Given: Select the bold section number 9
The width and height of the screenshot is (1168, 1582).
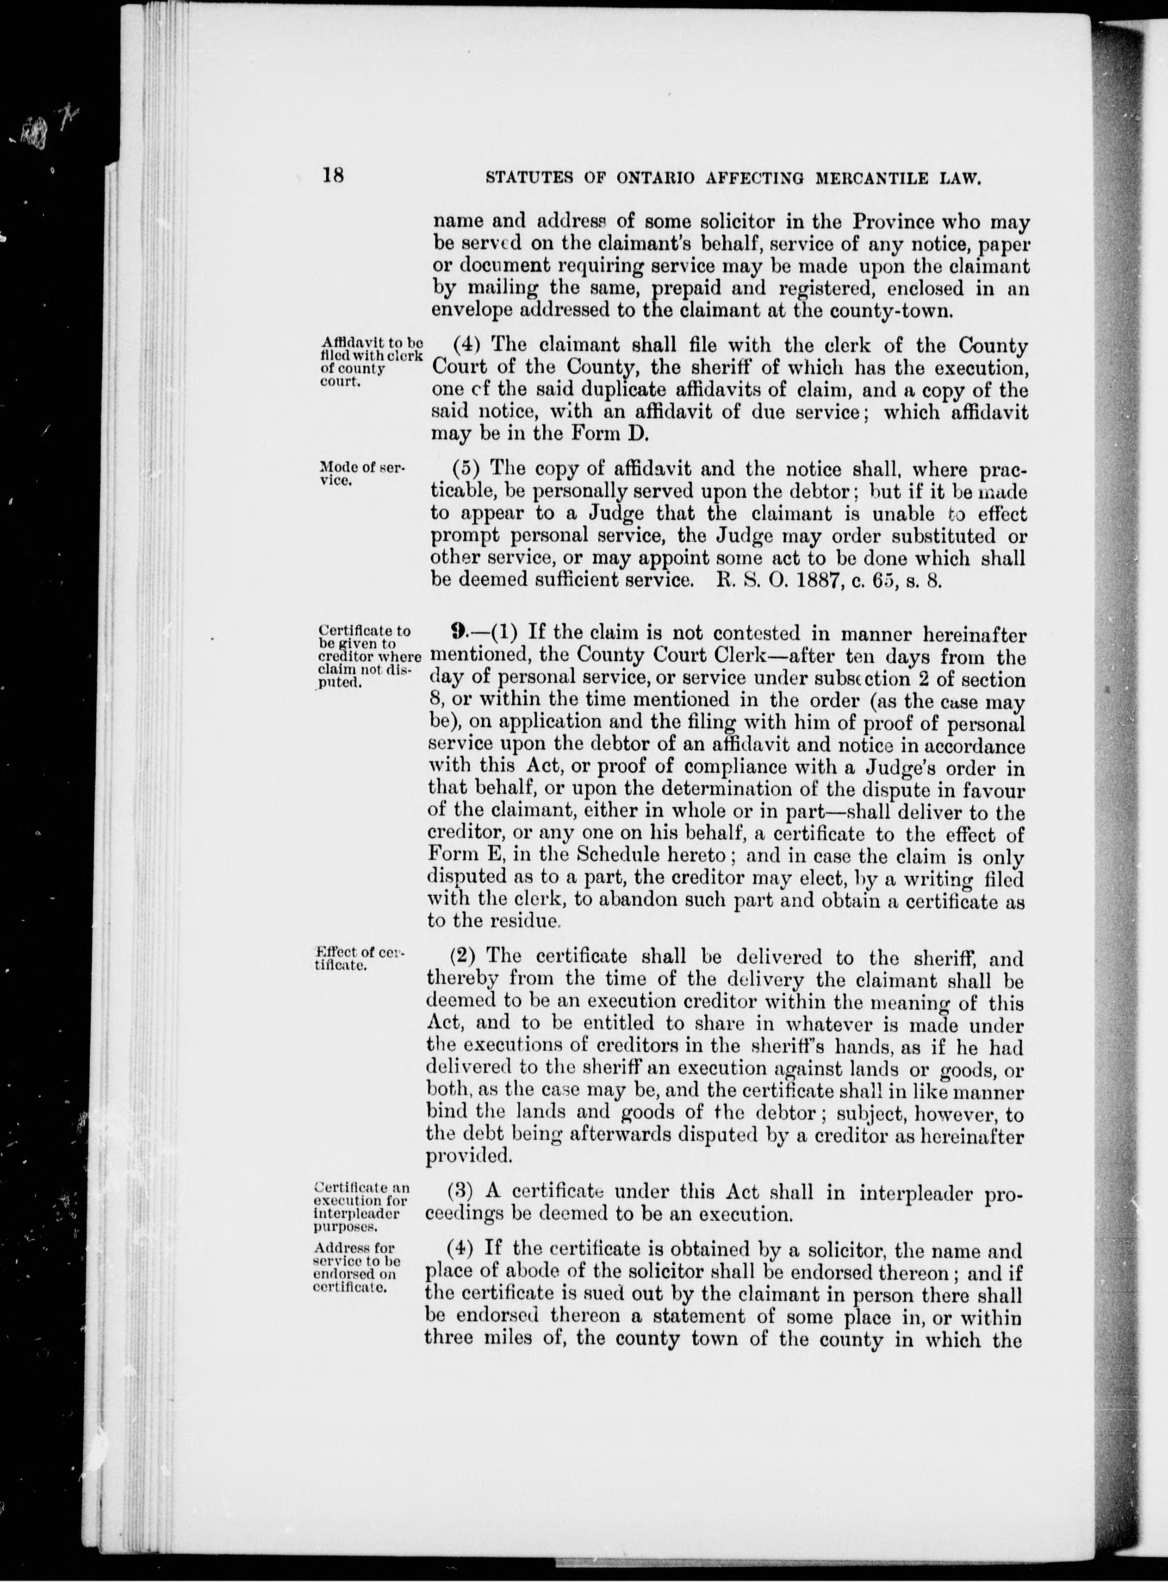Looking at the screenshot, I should tap(458, 633).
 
